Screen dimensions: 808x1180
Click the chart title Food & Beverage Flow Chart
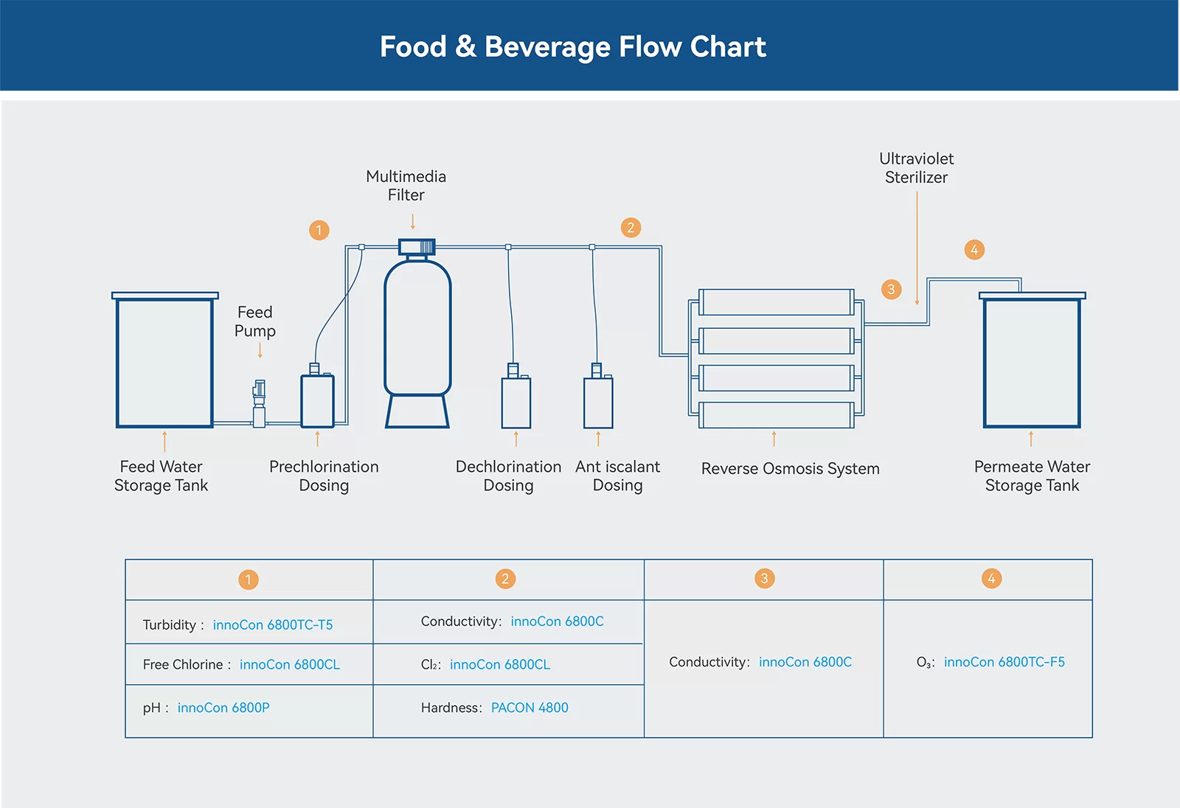click(x=573, y=46)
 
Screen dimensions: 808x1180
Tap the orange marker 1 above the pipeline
click(x=319, y=230)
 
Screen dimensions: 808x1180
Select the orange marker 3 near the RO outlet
click(x=891, y=289)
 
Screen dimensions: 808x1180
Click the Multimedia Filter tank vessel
click(x=417, y=328)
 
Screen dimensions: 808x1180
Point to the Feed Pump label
click(x=255, y=321)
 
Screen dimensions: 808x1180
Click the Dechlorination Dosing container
click(x=516, y=402)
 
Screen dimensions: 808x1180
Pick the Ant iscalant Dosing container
click(x=598, y=402)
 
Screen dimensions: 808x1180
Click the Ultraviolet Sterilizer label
click(x=916, y=168)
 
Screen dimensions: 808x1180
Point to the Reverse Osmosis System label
click(x=790, y=469)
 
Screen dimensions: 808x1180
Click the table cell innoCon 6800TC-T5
click(x=272, y=625)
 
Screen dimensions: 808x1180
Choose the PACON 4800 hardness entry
click(x=530, y=708)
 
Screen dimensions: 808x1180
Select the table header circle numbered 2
click(x=505, y=579)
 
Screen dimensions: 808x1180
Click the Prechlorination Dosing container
click(x=317, y=401)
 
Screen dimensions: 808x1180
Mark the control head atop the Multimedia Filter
click(x=417, y=246)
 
